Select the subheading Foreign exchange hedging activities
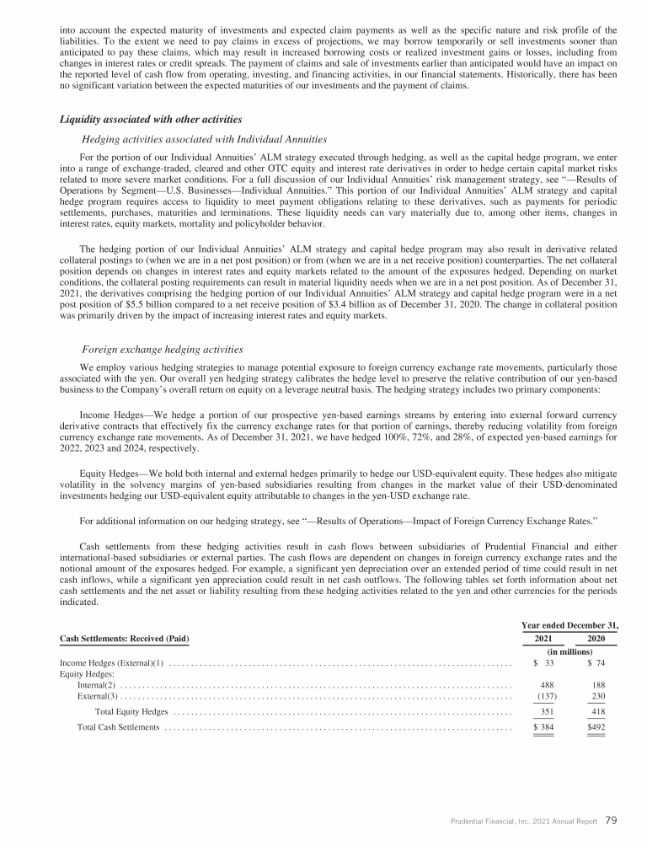163,349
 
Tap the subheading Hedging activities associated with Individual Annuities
204,138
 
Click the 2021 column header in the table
549,639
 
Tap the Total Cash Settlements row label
118,727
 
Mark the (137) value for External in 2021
547,696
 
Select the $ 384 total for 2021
545,727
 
